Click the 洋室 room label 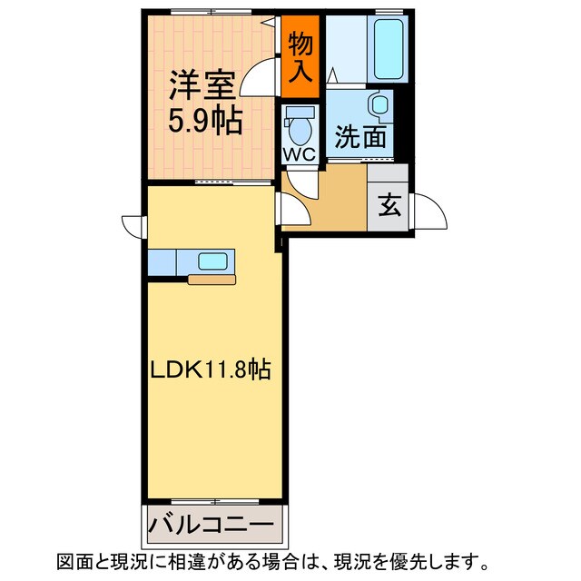point(202,84)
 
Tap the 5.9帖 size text point(206,121)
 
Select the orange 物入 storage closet point(300,56)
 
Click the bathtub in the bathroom point(389,49)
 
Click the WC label point(300,154)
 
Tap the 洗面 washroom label point(360,136)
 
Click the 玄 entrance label point(389,205)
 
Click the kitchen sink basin point(212,261)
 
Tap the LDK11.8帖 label point(211,369)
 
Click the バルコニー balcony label point(212,525)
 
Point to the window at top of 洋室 point(212,12)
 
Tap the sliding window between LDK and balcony point(215,502)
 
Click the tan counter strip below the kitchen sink point(212,280)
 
